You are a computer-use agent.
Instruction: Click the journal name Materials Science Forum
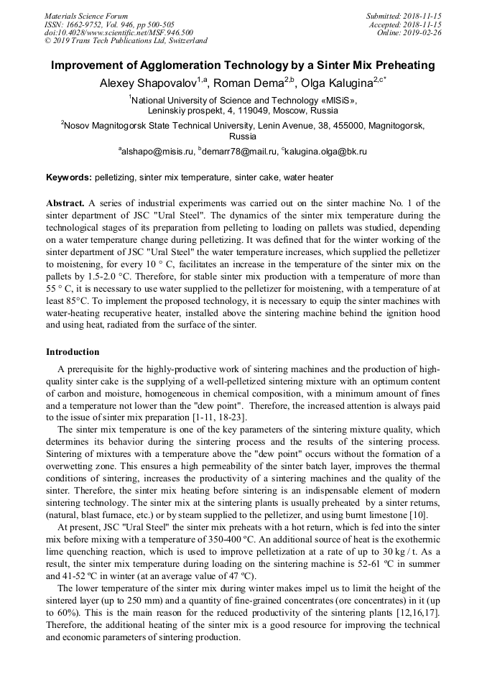tap(86, 16)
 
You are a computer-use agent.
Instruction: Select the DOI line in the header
tap(119, 32)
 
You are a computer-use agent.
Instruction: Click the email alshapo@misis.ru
tap(158, 152)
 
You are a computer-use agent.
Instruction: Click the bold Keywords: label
tap(69, 177)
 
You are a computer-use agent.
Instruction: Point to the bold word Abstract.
tap(65, 203)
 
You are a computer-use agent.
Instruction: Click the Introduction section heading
tap(73, 352)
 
